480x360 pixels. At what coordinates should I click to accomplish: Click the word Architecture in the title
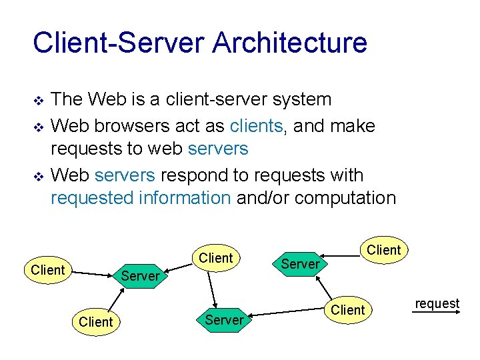[x=290, y=43]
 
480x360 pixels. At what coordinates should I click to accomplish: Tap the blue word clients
[x=256, y=126]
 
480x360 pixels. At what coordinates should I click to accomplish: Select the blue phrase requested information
[x=141, y=198]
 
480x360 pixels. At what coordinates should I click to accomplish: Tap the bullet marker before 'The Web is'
[x=38, y=101]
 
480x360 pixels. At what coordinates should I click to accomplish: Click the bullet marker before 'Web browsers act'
[x=38, y=127]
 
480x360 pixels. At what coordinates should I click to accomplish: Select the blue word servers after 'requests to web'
[x=218, y=149]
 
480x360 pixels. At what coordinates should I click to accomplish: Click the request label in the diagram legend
[x=437, y=304]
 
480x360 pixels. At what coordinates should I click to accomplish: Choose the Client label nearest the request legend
[x=348, y=310]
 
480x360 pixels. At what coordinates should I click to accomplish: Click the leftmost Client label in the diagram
[x=48, y=270]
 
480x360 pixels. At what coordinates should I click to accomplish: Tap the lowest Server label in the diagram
[x=224, y=320]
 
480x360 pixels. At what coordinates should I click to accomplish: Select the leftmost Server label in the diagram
[x=141, y=276]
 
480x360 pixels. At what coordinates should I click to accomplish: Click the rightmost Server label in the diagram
[x=300, y=264]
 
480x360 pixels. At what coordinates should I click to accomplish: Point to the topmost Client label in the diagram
[x=384, y=251]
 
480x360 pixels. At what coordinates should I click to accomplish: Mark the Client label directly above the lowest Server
[x=216, y=258]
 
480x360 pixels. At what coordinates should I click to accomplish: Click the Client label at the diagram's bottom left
[x=96, y=322]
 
